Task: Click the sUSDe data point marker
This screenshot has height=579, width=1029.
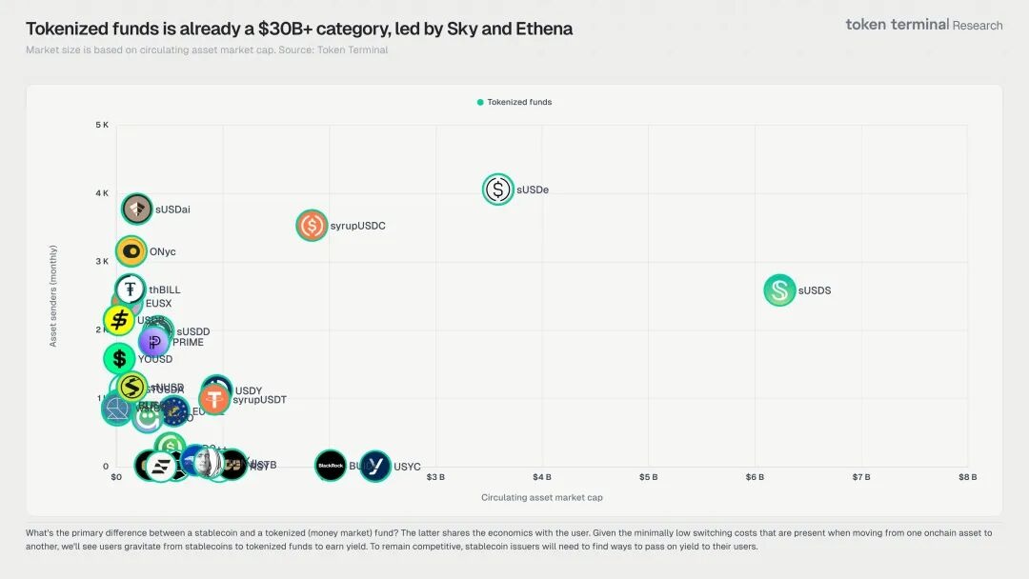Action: pos(498,190)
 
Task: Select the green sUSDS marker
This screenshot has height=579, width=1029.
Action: pos(780,290)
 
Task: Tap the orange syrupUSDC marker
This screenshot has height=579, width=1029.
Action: pos(312,226)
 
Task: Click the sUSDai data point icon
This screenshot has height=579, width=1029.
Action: pos(137,209)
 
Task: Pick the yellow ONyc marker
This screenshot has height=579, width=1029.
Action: pos(131,251)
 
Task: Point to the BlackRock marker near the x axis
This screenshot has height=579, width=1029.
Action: pos(331,466)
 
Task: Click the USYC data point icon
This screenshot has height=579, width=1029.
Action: pos(375,466)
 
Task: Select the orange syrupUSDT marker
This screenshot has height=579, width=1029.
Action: pos(215,399)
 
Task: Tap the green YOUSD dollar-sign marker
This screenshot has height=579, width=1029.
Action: pos(119,359)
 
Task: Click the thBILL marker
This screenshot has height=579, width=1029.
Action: pos(131,289)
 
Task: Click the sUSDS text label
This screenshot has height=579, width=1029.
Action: pos(815,290)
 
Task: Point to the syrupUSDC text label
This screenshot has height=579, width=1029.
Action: pos(357,226)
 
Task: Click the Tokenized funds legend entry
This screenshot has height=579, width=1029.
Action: pos(514,102)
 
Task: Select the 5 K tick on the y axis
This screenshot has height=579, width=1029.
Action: pos(102,125)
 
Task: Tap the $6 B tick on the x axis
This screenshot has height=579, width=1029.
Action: pos(755,477)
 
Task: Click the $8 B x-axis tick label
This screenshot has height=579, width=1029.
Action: pos(967,477)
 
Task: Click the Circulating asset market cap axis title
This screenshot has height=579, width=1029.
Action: pos(541,497)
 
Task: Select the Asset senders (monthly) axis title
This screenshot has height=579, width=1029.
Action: pos(53,295)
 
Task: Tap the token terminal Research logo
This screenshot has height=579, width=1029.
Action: pos(923,25)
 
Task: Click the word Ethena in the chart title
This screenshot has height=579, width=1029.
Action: pos(543,29)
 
